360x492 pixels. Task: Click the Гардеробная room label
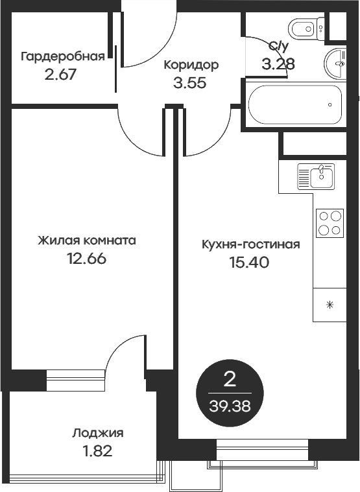coord(63,56)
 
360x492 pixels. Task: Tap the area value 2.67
coord(60,73)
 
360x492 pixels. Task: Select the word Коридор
coord(191,65)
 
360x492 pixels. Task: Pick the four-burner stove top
coord(330,223)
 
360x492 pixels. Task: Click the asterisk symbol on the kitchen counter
coord(330,305)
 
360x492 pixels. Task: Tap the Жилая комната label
coord(86,240)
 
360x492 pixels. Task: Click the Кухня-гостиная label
coord(250,244)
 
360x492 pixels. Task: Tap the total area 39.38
coord(230,406)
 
